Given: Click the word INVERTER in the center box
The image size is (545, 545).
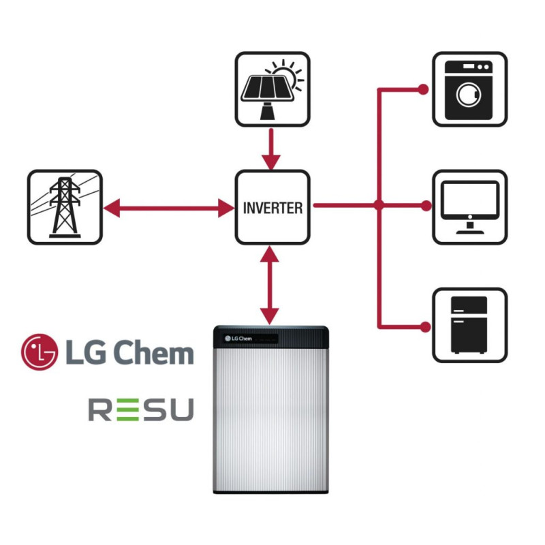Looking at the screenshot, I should (272, 208).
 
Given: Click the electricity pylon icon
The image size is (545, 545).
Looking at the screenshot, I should (65, 207).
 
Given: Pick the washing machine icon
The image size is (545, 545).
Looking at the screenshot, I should (470, 89).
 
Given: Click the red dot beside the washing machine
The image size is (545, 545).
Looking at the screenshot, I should (423, 89).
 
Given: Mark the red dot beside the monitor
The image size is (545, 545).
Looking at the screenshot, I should (424, 204).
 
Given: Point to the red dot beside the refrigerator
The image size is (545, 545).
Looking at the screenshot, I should (424, 326).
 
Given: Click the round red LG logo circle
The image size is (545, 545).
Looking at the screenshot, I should (40, 352).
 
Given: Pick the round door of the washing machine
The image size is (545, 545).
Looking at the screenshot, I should (469, 95).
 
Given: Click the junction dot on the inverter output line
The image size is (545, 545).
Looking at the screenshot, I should (379, 204).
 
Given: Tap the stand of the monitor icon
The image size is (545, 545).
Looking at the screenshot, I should (470, 228).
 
